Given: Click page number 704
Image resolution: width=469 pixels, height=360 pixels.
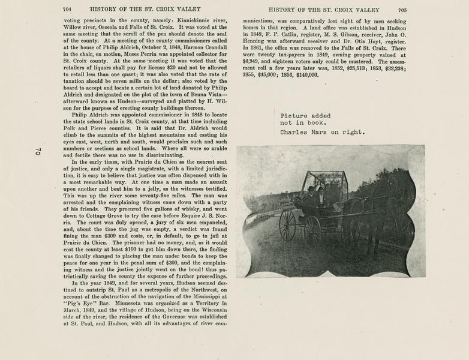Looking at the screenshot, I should click(67, 10).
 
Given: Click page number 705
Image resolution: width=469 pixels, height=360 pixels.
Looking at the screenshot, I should click(402, 10).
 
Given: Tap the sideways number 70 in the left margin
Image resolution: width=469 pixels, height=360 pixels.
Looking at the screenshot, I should click(37, 151).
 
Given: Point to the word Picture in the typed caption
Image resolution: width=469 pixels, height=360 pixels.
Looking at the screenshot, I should click(294, 116).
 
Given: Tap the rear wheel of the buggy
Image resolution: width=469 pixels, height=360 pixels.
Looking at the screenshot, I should click(287, 225).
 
